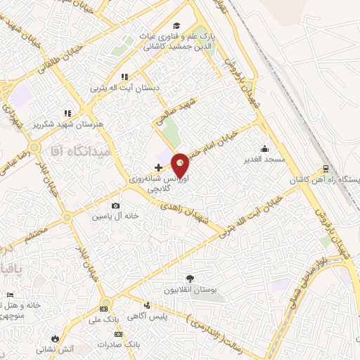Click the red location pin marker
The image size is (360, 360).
[x=181, y=165]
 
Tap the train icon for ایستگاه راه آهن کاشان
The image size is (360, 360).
[x=326, y=169]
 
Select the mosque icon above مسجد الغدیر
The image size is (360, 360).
[x=264, y=148]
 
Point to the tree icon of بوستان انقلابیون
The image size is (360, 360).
[x=188, y=278]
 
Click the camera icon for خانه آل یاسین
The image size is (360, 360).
[x=115, y=206]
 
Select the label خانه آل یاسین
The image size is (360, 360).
[x=110, y=217]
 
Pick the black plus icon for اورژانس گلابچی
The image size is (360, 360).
[x=158, y=168]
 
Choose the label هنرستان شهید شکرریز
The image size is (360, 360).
[x=67, y=124]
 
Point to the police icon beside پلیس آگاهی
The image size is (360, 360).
[x=146, y=305]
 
